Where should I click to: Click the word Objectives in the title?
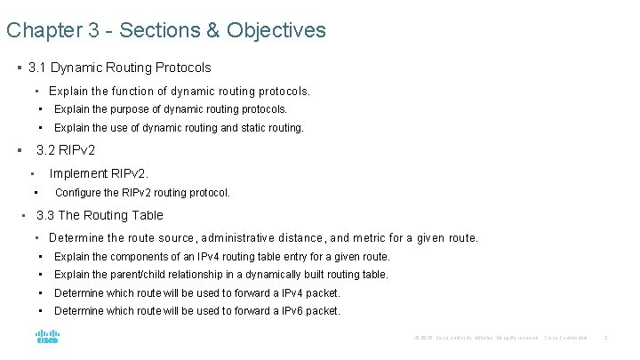coord(276,30)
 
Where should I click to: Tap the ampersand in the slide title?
coord(212,30)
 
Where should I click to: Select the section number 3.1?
coord(37,67)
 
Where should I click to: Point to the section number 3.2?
coord(45,150)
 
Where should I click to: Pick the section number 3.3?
coord(45,215)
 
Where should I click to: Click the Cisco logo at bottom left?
coord(47,337)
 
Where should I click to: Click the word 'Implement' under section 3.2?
coord(78,173)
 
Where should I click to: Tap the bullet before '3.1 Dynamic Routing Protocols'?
coord(19,68)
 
